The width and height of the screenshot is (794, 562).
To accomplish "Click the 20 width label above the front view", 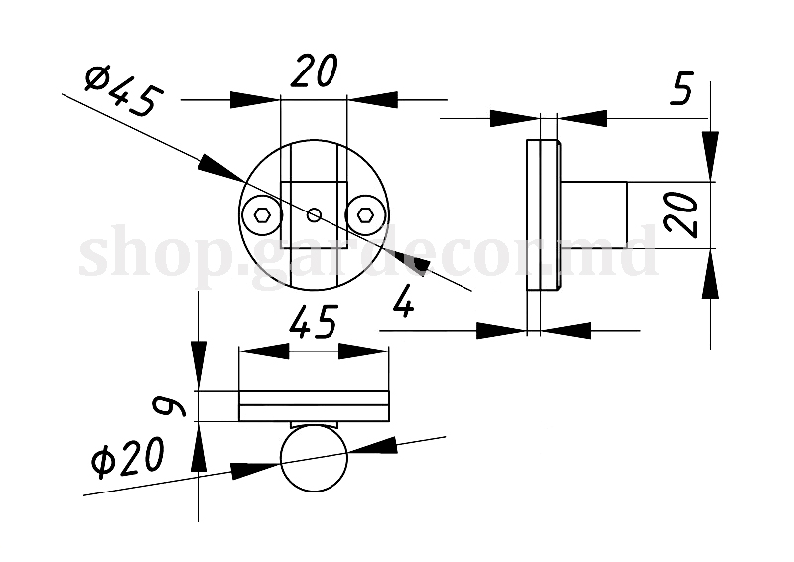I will pyautogui.click(x=314, y=71).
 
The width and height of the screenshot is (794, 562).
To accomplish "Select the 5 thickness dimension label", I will pyautogui.click(x=681, y=90).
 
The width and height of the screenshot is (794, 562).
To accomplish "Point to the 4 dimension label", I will pyautogui.click(x=403, y=300).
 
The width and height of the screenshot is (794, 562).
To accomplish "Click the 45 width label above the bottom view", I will pyautogui.click(x=313, y=323).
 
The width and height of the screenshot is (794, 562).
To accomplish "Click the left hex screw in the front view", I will pyautogui.click(x=262, y=214).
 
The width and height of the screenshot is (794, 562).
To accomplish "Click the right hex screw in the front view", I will pyautogui.click(x=365, y=214).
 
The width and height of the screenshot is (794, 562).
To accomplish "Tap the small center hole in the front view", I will pyautogui.click(x=314, y=213).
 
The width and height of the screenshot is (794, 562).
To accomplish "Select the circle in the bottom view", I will pyautogui.click(x=315, y=459).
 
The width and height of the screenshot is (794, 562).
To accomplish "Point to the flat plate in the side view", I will pyautogui.click(x=541, y=214).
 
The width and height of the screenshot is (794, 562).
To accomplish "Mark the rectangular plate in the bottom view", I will pyautogui.click(x=314, y=406).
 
